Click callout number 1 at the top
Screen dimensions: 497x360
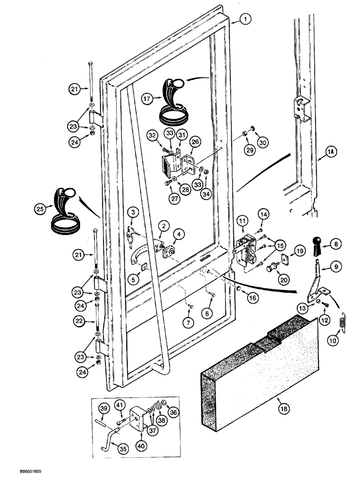click(x=245, y=19)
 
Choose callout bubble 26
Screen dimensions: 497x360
click(x=195, y=142)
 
